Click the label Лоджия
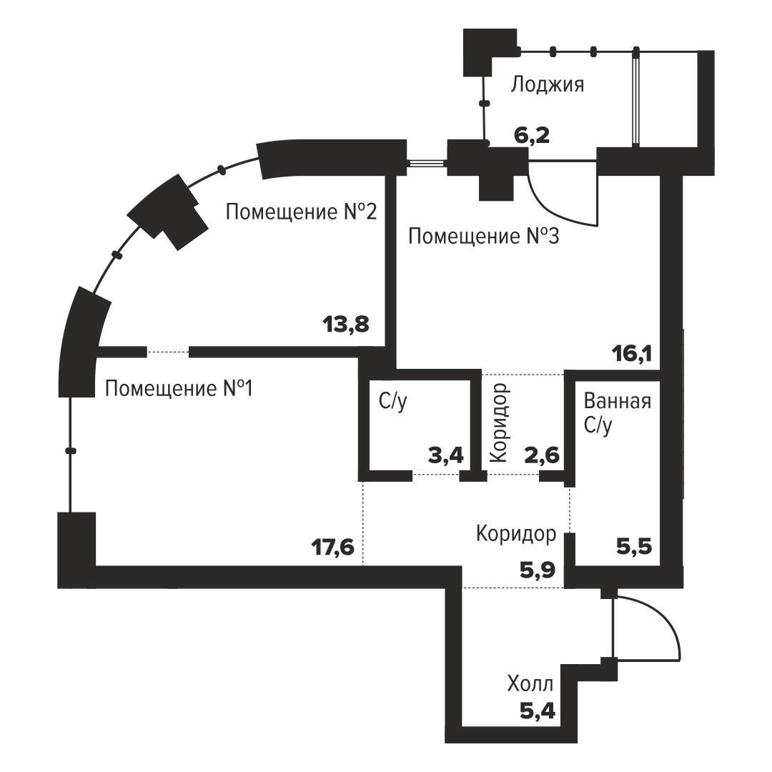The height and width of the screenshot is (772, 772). point(547,85)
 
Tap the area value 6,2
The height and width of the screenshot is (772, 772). point(532,135)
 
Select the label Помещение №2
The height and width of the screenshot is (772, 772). point(302,212)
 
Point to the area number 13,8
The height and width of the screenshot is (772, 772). point(346,325)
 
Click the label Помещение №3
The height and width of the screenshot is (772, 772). point(483,237)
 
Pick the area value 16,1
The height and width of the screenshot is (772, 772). point(632,354)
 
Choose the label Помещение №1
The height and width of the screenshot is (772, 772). point(179,388)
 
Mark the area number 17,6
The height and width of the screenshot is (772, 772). point(333,547)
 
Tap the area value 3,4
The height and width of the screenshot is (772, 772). point(446,455)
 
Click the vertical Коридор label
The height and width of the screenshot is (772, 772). point(499,423)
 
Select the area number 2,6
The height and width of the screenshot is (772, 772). point(542,455)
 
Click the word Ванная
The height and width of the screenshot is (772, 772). point(618,401)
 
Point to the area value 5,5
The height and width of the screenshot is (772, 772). point(634,547)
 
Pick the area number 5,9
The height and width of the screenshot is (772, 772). point(538,570)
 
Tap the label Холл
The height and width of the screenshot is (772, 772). point(530,684)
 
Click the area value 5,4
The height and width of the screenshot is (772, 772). point(538,711)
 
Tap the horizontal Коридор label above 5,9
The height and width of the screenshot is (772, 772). point(516,534)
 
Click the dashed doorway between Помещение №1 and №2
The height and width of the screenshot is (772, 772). point(168,352)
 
